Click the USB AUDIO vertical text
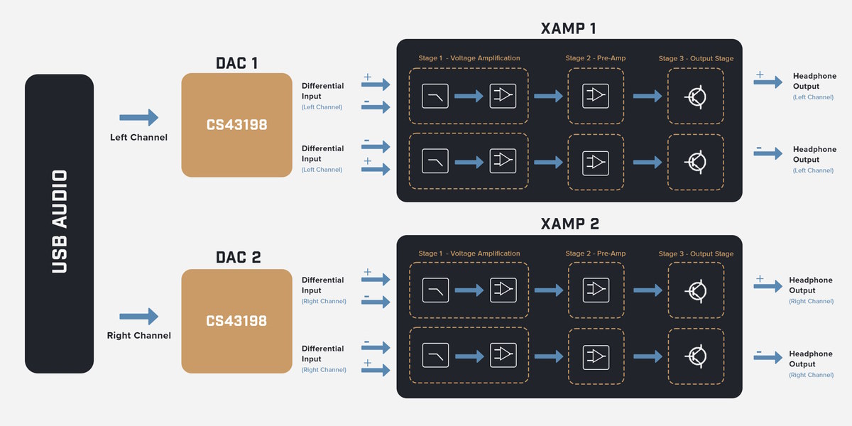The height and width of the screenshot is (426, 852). [59, 222]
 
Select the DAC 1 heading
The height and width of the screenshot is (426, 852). [236, 62]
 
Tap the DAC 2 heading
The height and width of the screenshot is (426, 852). [236, 258]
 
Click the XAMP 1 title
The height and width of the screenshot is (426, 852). [568, 28]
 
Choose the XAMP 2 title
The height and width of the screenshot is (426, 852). [568, 224]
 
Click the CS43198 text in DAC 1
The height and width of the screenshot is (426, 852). [236, 125]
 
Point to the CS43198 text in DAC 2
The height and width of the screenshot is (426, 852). [236, 321]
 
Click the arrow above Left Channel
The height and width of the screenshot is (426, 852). [138, 118]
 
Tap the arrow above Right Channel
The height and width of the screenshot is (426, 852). [138, 316]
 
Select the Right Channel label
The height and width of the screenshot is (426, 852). [138, 335]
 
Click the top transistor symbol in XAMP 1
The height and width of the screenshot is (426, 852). [696, 96]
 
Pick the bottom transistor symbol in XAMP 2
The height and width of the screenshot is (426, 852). [696, 355]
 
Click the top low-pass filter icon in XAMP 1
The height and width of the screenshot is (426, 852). [435, 96]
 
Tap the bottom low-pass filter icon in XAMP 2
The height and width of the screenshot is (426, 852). [435, 355]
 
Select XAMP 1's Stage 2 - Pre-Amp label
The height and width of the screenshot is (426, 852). [595, 58]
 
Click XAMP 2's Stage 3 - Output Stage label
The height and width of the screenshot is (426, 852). [696, 254]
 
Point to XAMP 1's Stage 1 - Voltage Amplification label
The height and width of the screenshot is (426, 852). [469, 58]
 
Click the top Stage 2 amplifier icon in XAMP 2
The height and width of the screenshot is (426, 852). [595, 290]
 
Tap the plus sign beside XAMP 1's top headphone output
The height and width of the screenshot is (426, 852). [759, 75]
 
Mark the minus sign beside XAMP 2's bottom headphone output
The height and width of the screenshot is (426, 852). [759, 351]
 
